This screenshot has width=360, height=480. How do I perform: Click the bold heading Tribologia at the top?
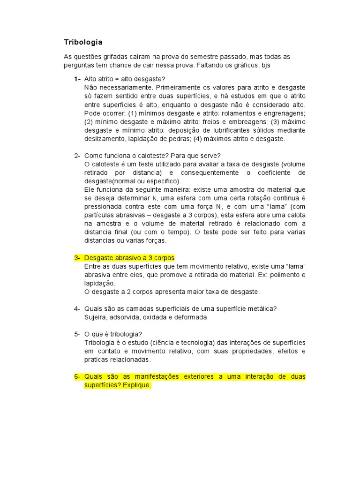(x=83, y=42)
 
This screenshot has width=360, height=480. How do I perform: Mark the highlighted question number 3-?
(x=77, y=258)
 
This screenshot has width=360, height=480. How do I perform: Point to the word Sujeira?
(x=96, y=317)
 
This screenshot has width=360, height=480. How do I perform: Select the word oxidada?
(x=161, y=317)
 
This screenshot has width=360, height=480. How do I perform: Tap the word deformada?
(x=191, y=317)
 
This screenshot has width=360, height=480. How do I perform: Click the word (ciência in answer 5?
(x=171, y=343)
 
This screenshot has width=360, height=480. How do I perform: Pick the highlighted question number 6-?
(x=77, y=376)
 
